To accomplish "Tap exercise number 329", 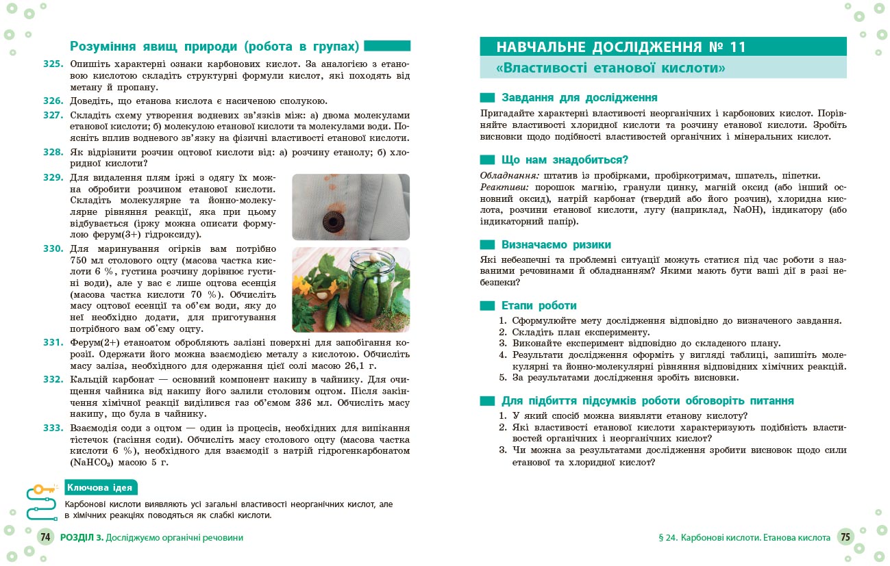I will tap(53, 178).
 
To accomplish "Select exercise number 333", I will tap(53, 428).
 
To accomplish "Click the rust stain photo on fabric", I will tap(351, 207).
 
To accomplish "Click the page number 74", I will tap(45, 538).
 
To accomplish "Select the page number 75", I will tap(845, 538).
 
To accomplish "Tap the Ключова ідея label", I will tap(101, 487).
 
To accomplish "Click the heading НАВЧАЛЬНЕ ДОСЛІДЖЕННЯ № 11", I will tap(621, 47).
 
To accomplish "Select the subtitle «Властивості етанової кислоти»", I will tap(611, 68).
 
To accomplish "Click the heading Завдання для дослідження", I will tap(580, 98).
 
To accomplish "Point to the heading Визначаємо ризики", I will tap(556, 244).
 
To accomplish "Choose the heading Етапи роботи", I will tap(539, 305).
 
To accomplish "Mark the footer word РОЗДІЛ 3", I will tap(82, 538).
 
